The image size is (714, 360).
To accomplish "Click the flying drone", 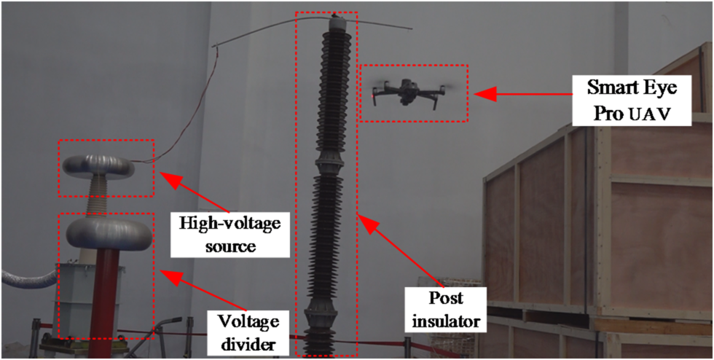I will [x=409, y=92].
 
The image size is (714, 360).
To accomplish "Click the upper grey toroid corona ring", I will [x=98, y=167].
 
